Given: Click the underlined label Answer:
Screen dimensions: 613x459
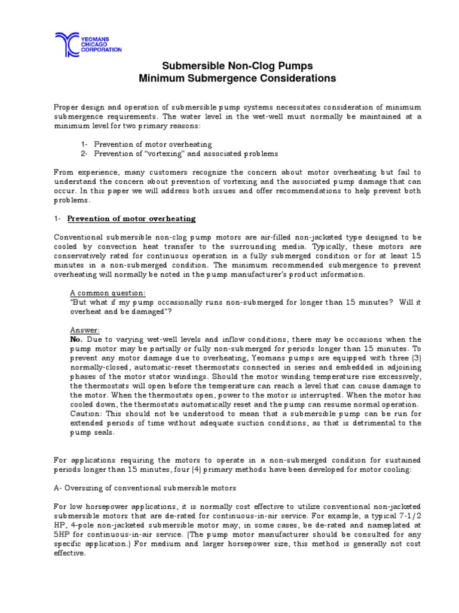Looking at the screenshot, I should coord(85,330).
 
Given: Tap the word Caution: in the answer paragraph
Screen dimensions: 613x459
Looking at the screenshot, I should coord(87,414).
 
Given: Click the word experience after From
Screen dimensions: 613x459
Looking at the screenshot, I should coord(99,171).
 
